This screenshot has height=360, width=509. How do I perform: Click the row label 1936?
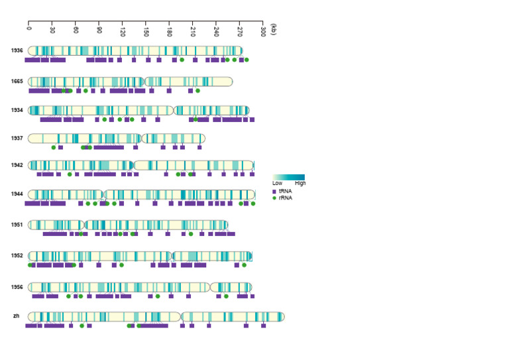coord(17,50)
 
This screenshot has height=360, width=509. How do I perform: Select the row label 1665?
coord(17,81)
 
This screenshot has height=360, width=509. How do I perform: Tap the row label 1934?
coord(17,110)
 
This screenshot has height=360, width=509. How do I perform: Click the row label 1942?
coord(17,165)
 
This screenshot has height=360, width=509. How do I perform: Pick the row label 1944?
coord(17,194)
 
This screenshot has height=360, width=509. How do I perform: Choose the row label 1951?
coord(17,225)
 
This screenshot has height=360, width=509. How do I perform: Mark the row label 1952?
coord(17,255)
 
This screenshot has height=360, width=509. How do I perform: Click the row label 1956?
coord(17,287)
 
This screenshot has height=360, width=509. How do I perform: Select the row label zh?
coord(16,316)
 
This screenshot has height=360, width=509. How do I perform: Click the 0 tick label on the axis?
coord(29,27)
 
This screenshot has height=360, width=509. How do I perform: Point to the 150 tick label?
coord(146,30)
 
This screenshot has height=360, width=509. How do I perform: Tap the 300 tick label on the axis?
coord(262,30)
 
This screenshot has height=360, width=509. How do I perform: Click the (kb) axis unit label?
coord(274,30)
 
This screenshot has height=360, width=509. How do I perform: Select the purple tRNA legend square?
coord(274,191)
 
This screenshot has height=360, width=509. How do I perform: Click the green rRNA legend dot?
coord(274,198)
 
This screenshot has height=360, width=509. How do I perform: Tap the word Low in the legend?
coord(277,184)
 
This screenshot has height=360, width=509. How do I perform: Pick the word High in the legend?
coord(300,184)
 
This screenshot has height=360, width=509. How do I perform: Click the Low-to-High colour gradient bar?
coord(288,177)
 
